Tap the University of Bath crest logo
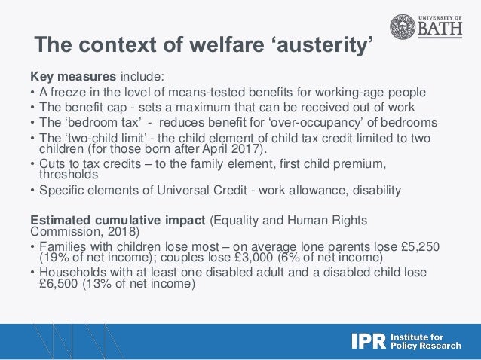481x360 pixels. coord(403,27)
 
